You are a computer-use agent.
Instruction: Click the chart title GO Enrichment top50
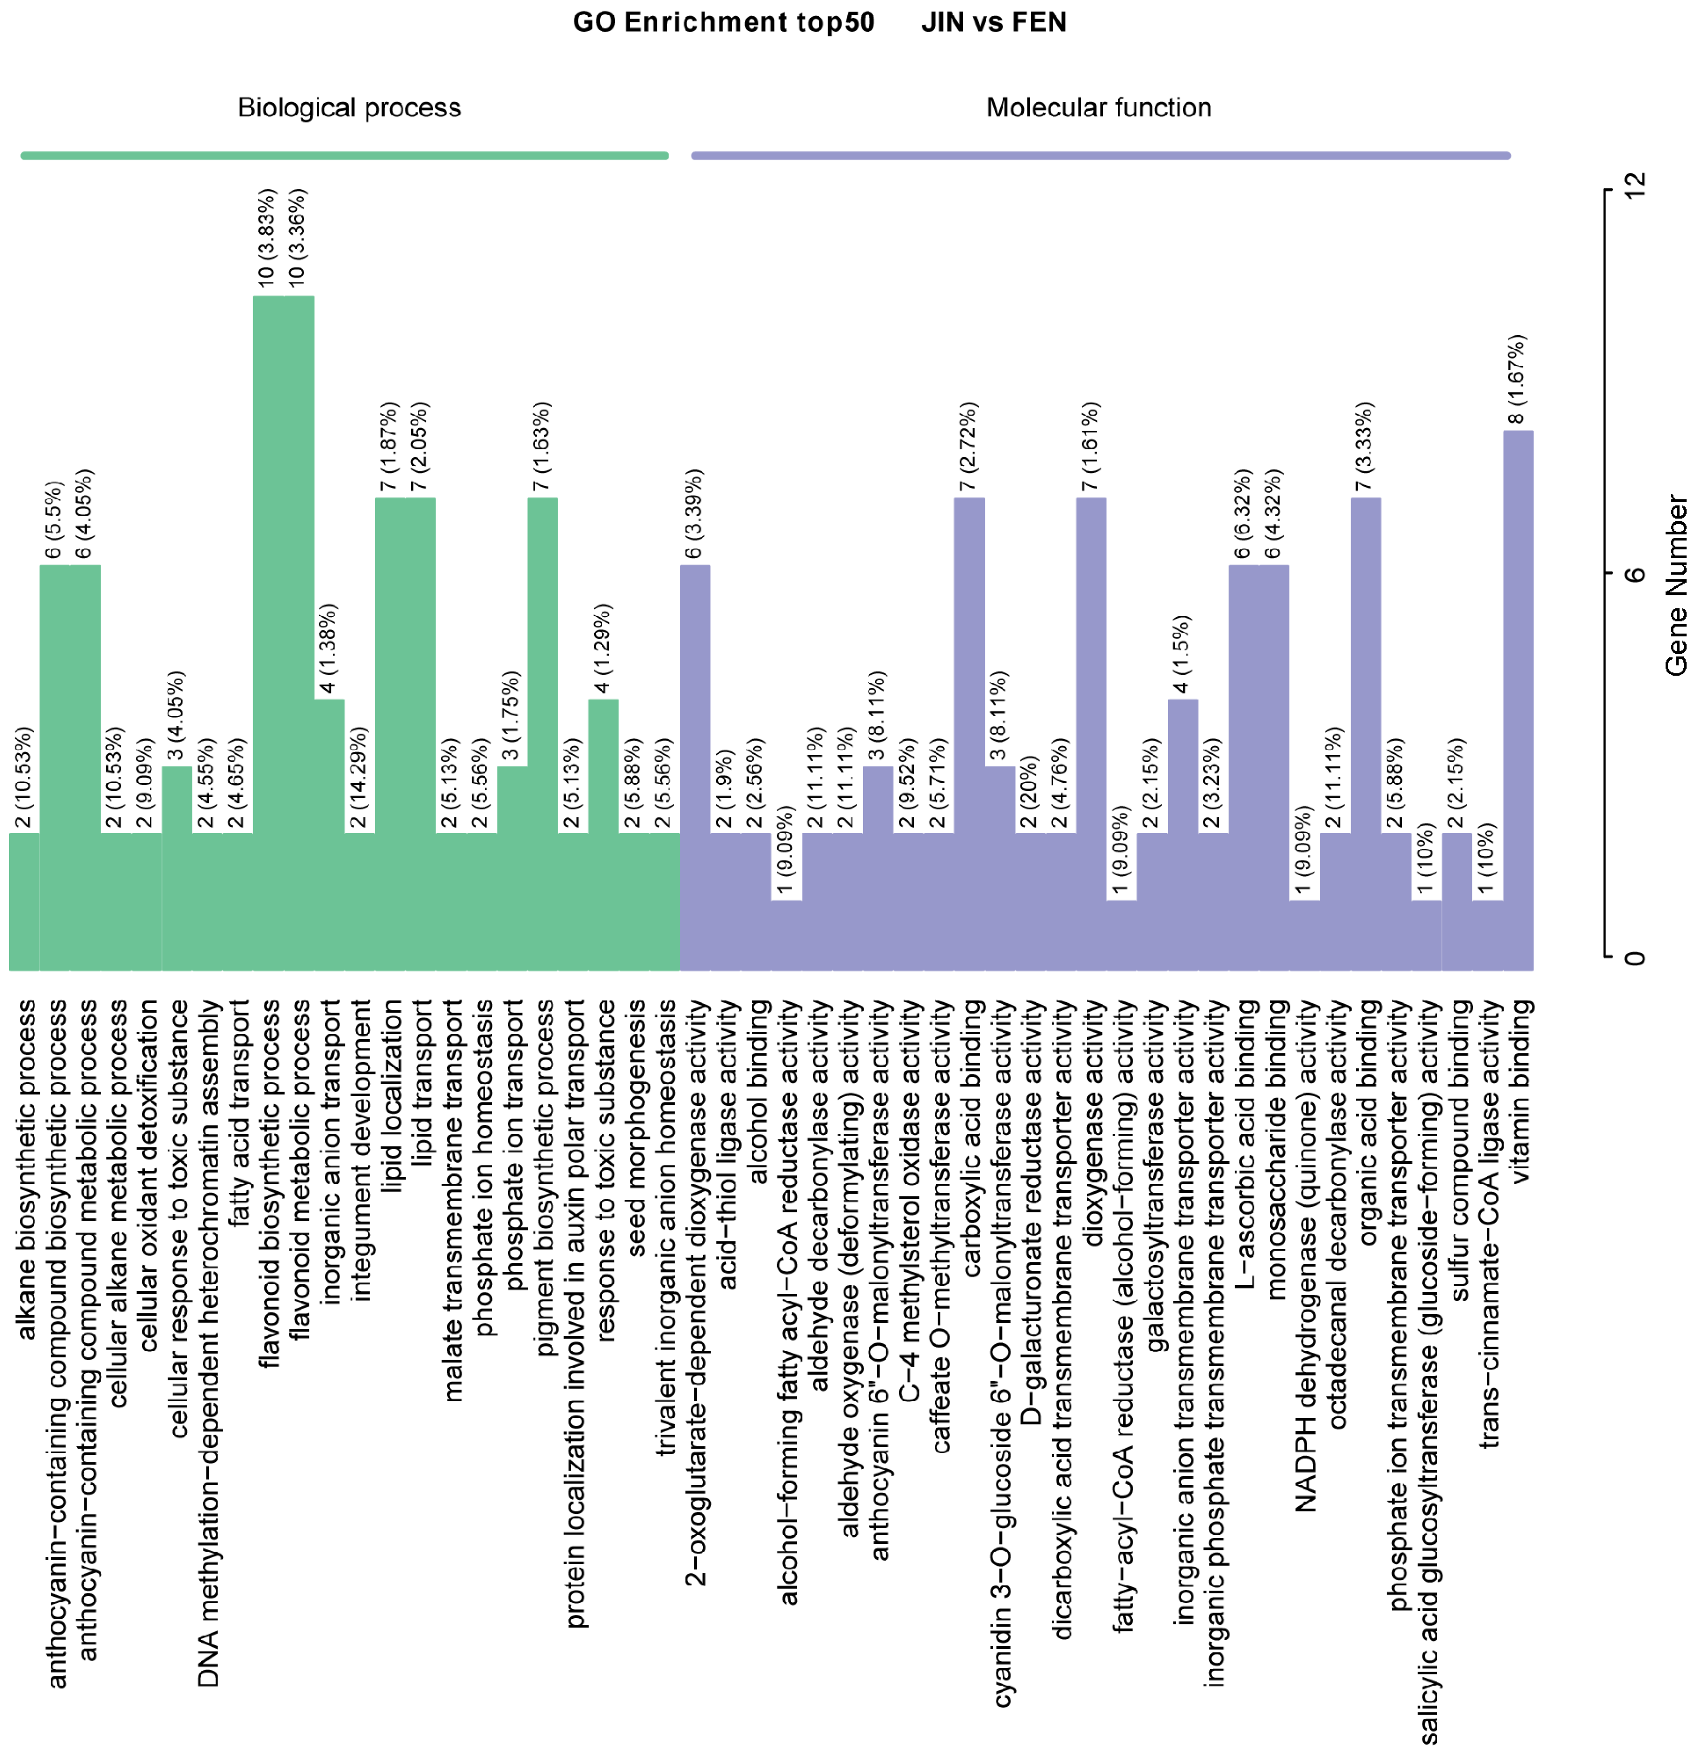[x=723, y=23]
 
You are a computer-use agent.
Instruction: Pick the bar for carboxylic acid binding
[x=969, y=734]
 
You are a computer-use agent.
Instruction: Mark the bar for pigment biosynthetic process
[x=542, y=734]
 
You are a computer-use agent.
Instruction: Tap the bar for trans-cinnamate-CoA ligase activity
[x=1487, y=935]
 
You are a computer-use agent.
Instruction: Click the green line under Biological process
[x=344, y=156]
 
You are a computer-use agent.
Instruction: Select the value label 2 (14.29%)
[x=359, y=779]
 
